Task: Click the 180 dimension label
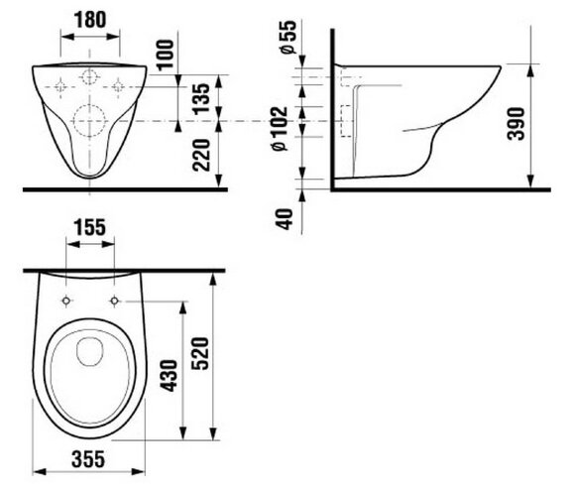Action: click(90, 20)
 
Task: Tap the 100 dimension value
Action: click(166, 55)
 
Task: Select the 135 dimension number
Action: click(201, 99)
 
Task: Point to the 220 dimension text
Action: click(201, 155)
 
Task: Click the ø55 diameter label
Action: click(288, 38)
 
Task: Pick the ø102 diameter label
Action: click(280, 128)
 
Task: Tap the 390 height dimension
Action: click(516, 124)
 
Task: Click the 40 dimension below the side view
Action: click(285, 219)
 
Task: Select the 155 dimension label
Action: click(90, 227)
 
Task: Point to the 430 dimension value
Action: click(170, 376)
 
